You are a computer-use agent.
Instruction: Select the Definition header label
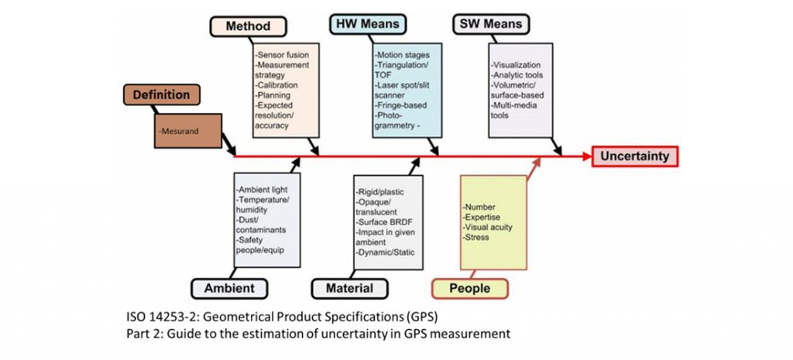(161, 95)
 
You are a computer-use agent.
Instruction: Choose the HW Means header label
(369, 24)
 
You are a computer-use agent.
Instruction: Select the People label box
(469, 288)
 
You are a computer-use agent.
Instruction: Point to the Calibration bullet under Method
(275, 87)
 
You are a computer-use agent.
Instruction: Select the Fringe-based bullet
(402, 105)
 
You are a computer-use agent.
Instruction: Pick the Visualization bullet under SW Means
(517, 65)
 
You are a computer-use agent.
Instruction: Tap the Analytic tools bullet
(518, 76)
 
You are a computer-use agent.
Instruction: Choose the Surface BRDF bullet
(383, 221)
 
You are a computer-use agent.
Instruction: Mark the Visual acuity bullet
(489, 228)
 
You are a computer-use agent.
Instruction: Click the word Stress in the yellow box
(477, 238)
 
